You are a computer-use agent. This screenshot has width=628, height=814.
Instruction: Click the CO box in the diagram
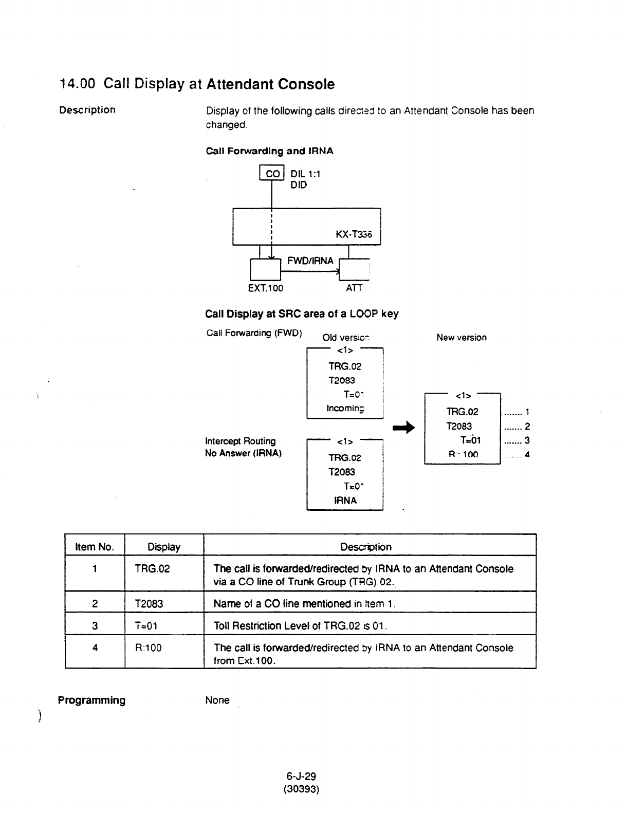[271, 174]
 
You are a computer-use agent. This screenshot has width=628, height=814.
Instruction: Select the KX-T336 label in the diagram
[357, 235]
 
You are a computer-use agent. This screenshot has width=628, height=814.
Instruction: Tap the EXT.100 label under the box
[266, 288]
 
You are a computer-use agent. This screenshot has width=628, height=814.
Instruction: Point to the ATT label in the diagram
[354, 288]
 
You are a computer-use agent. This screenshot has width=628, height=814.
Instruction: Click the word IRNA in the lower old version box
[345, 500]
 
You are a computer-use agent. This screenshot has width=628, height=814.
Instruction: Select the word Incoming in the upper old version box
[345, 409]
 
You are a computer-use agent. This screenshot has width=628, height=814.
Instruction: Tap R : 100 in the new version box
[463, 454]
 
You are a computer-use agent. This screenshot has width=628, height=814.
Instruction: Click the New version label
[461, 338]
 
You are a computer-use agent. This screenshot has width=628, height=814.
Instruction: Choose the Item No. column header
[95, 547]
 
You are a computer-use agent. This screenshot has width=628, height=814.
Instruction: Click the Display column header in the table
[164, 547]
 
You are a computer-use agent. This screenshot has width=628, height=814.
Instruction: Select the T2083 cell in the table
[149, 604]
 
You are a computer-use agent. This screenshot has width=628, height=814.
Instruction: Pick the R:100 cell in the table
[147, 647]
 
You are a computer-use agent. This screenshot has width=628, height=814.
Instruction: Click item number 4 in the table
[95, 647]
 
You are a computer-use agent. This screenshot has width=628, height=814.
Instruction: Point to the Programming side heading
[91, 700]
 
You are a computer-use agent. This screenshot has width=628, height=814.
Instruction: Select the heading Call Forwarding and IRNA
[269, 151]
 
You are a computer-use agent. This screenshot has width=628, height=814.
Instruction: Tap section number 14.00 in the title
[77, 84]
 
